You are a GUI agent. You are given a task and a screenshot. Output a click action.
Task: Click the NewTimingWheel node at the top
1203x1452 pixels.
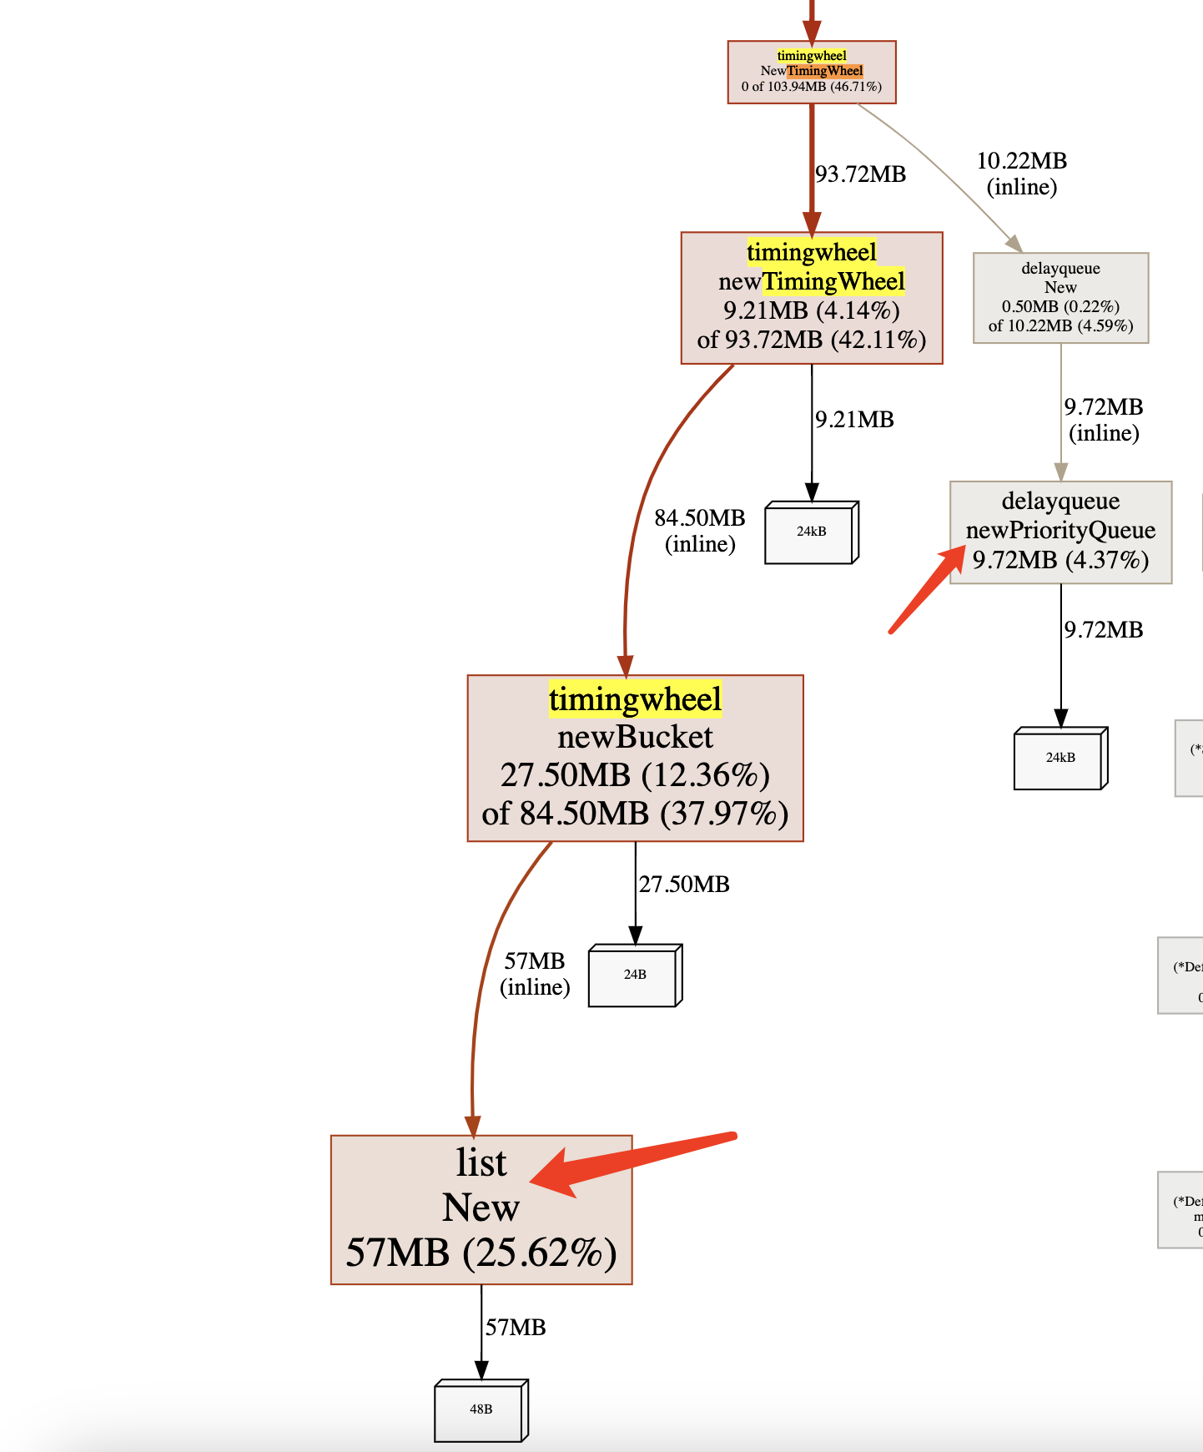click(812, 72)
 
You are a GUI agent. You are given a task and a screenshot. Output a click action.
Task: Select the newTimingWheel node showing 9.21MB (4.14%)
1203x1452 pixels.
click(812, 298)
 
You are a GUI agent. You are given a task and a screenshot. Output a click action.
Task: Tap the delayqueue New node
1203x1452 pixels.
click(1060, 298)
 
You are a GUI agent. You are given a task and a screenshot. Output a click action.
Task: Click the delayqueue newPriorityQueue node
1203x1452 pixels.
click(1060, 532)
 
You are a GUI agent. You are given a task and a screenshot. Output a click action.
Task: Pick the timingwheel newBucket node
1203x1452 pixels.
click(635, 758)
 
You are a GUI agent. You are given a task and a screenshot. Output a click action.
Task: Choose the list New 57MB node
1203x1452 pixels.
click(481, 1209)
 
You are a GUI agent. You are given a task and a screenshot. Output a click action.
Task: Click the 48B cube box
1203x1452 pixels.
click(481, 1409)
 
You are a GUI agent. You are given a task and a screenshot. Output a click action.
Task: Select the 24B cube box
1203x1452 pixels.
click(634, 975)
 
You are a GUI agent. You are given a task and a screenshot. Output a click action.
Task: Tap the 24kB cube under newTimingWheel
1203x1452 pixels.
click(811, 532)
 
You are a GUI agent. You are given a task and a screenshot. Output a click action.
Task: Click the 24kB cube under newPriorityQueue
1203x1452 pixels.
click(1060, 758)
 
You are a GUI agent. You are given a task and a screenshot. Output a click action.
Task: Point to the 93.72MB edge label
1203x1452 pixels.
click(860, 174)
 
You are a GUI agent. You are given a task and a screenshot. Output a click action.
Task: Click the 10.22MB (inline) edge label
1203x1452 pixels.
click(1022, 174)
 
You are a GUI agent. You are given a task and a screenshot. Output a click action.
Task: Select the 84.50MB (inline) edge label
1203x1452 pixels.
click(700, 531)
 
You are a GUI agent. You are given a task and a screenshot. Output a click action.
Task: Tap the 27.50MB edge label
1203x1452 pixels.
click(684, 885)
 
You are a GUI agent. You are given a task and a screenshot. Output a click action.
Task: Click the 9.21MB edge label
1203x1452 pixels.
click(854, 420)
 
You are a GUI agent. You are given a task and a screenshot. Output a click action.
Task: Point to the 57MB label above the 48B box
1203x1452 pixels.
click(516, 1328)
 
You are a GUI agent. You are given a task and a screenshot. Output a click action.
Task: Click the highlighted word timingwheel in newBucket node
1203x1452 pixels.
click(635, 699)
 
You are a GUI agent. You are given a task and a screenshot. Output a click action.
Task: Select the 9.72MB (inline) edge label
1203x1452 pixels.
click(1104, 420)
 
